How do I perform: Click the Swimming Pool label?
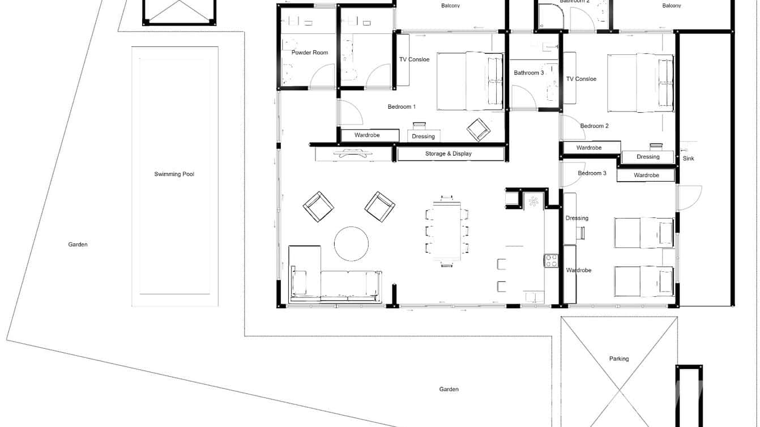174,174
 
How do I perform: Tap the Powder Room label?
310,53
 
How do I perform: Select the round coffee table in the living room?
351,244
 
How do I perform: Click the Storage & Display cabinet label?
448,153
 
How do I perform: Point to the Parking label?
618,358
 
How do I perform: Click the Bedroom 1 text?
402,106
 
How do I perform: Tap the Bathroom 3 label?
528,73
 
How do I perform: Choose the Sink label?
688,159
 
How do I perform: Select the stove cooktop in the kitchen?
551,261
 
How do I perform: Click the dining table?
447,231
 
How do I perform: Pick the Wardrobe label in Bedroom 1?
367,135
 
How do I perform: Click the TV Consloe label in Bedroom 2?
581,79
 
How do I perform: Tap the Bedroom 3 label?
592,173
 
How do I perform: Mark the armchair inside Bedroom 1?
478,130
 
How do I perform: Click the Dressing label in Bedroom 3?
577,218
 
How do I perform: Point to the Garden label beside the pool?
78,245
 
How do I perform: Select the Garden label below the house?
449,389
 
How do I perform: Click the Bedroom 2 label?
594,126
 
